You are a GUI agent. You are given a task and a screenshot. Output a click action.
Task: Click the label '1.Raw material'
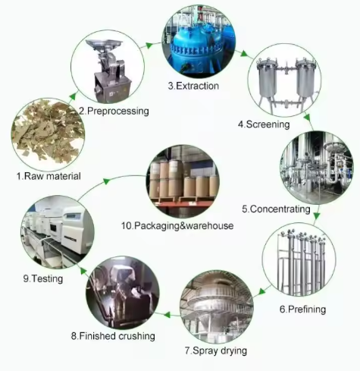pos(49,176)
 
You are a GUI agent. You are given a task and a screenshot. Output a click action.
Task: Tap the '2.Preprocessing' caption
pos(114,111)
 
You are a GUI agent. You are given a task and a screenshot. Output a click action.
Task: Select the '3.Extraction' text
pos(193,86)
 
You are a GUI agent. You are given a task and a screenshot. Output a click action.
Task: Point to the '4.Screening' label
pos(264,124)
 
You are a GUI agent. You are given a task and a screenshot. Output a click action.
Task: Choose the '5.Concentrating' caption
pos(276,209)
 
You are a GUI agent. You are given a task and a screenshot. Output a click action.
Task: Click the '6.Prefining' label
pos(302,309)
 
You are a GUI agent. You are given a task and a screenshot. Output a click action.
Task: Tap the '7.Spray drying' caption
pos(216,351)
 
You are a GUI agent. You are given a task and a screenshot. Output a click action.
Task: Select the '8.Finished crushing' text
pos(113,336)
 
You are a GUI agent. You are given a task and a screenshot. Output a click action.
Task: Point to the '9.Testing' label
pos(43,278)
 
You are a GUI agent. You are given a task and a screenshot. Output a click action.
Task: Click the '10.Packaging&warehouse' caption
pos(177,225)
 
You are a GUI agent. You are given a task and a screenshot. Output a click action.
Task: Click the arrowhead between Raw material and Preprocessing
pos(73,96)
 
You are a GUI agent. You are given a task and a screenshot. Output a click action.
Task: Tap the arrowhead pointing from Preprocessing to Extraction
pos(149,46)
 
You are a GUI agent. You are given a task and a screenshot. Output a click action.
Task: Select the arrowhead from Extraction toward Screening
pos(244,54)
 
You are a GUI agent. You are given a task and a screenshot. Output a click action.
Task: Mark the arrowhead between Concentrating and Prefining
pos(317,215)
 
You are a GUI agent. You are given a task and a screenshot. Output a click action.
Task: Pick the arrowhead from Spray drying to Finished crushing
pos(167,315)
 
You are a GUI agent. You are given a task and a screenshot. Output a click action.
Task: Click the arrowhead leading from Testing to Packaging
pos(106,181)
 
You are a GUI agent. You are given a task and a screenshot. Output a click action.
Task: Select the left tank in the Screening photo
pos(267,78)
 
